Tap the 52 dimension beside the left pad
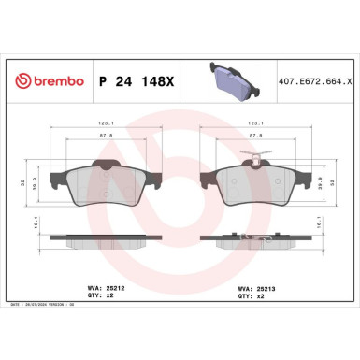[x=20, y=182]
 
